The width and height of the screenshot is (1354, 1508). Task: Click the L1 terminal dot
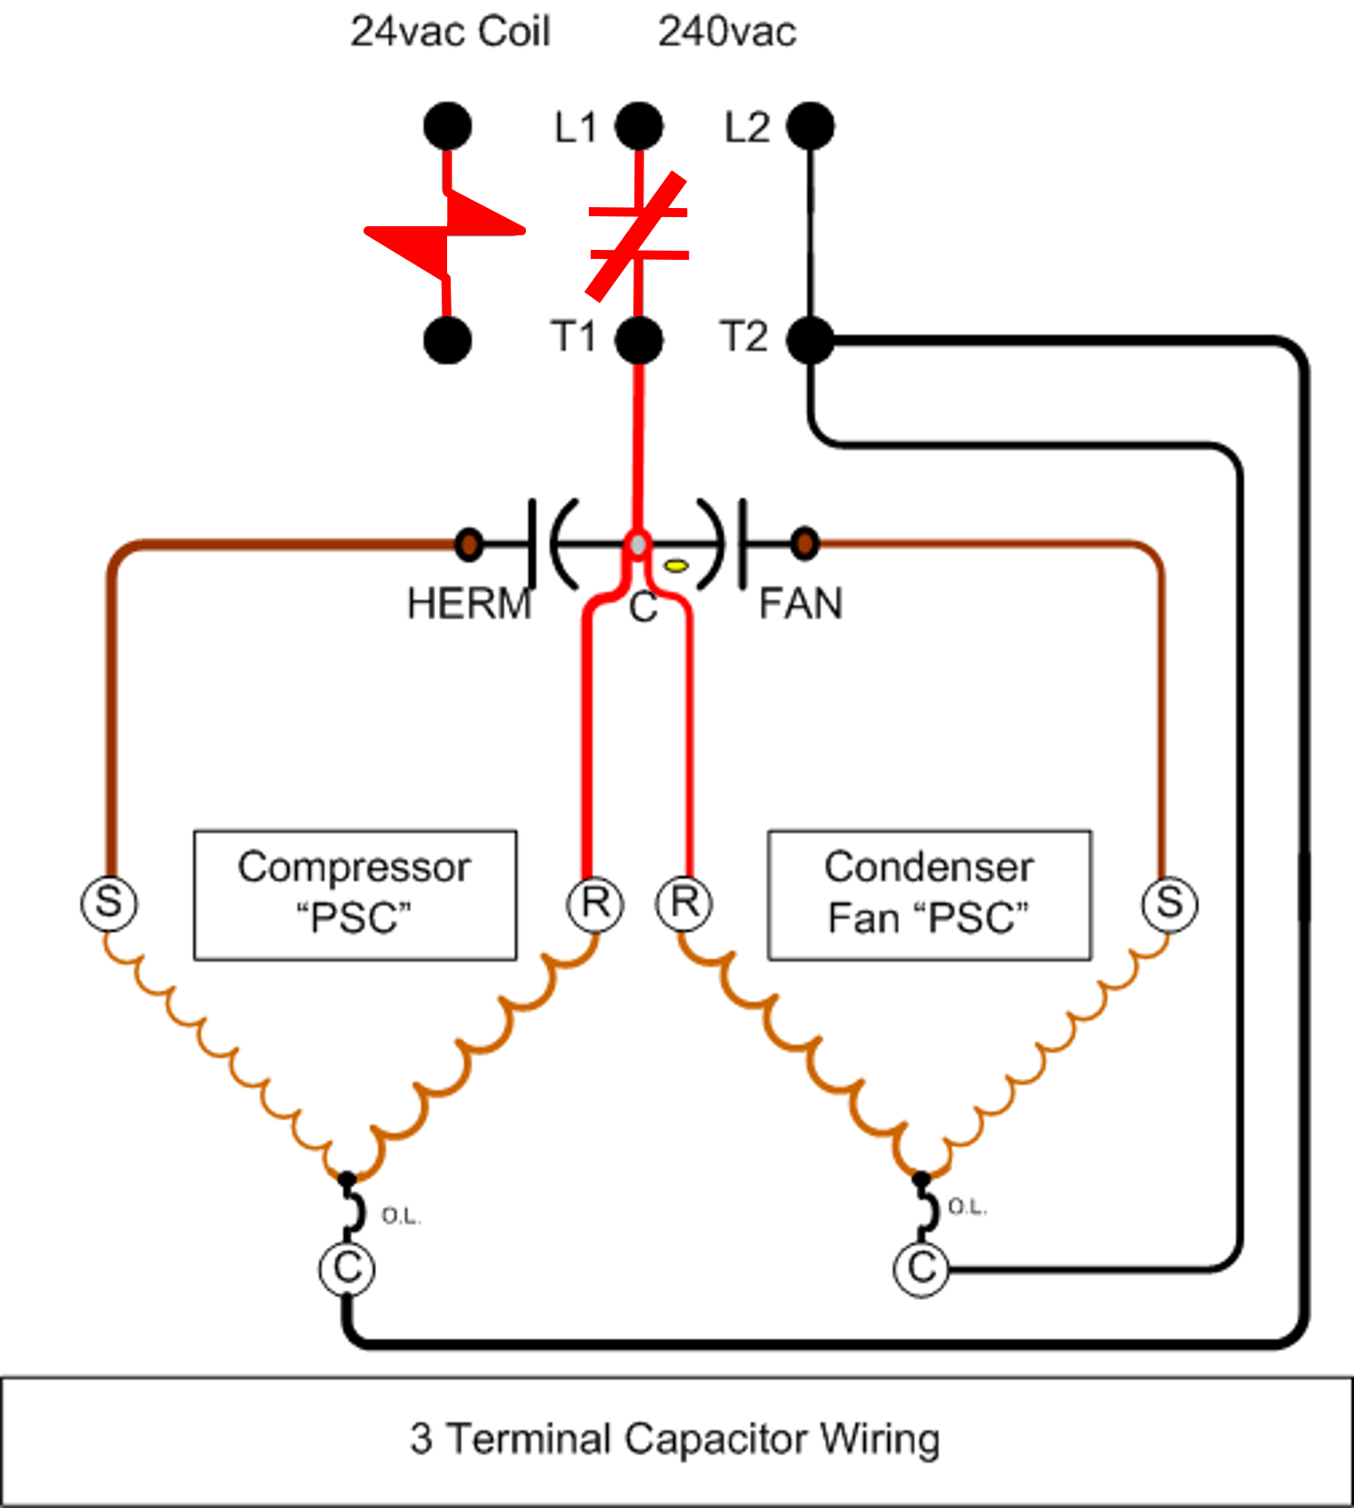click(x=639, y=125)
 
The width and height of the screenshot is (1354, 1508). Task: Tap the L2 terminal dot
click(x=810, y=125)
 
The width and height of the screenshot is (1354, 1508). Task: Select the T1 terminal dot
click(x=639, y=340)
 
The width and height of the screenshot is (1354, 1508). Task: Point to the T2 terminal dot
click(x=810, y=340)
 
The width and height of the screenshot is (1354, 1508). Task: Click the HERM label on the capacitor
click(x=469, y=604)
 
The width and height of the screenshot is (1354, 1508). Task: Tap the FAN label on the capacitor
click(x=801, y=604)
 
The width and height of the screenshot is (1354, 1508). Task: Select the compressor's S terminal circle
click(x=109, y=903)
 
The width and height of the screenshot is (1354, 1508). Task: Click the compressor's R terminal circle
click(x=595, y=904)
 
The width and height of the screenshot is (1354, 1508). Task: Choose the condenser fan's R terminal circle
click(x=684, y=903)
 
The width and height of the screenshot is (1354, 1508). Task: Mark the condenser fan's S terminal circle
click(x=1170, y=904)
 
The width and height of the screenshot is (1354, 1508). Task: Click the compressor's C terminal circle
click(x=347, y=1268)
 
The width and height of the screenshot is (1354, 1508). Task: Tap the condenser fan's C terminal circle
click(x=921, y=1268)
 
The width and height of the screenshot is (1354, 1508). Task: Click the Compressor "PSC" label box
click(x=355, y=895)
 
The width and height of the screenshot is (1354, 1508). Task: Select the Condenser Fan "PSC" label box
click(x=930, y=895)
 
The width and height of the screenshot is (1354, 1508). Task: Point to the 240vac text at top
click(x=727, y=33)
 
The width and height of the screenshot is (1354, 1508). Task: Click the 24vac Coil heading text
click(x=451, y=33)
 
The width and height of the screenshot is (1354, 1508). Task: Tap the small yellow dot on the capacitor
click(x=676, y=566)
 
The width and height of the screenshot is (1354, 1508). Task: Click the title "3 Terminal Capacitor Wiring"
click(x=675, y=1440)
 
